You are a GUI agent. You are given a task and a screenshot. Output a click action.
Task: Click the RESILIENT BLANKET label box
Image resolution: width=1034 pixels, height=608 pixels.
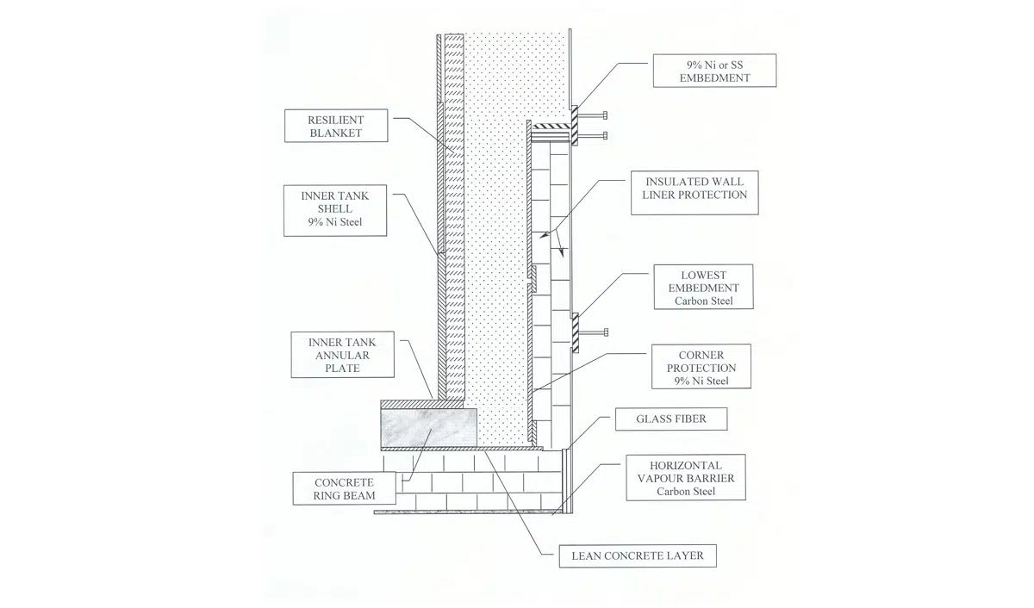(x=336, y=126)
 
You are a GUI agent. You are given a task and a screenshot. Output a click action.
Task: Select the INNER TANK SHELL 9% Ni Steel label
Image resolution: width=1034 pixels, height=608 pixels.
(x=335, y=211)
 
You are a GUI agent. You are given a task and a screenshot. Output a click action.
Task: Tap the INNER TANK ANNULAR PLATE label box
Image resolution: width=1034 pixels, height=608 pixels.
(x=343, y=355)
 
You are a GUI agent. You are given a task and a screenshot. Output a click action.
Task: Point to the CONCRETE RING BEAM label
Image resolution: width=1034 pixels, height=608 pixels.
(x=345, y=488)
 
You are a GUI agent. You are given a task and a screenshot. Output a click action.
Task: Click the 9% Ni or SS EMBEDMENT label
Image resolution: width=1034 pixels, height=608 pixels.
(x=714, y=71)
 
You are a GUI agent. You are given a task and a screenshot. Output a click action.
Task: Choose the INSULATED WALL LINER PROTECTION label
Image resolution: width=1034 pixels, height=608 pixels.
(x=695, y=193)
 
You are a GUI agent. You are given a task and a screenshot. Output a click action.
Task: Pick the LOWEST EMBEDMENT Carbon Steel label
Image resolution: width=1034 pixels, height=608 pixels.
(x=703, y=287)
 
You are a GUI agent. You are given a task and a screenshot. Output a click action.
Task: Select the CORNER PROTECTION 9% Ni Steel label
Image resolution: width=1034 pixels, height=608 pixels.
(x=701, y=367)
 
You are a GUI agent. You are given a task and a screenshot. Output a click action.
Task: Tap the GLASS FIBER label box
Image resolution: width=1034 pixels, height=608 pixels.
(x=671, y=419)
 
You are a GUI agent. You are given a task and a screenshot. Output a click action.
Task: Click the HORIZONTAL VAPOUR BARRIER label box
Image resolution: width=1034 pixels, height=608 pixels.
(x=686, y=477)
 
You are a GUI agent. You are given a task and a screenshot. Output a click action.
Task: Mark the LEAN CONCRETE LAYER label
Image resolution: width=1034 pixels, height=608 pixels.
(x=638, y=555)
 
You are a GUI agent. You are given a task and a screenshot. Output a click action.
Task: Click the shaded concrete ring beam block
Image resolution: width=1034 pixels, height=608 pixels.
(x=429, y=428)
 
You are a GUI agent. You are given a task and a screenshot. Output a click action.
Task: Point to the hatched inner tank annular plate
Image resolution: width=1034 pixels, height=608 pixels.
(x=422, y=405)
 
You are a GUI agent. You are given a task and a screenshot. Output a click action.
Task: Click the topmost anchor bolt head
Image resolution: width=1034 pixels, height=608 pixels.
(x=605, y=115)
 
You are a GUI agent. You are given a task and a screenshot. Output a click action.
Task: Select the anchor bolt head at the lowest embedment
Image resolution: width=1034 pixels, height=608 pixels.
(x=606, y=332)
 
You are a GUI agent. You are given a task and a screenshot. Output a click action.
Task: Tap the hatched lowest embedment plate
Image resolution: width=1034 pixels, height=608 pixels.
(x=576, y=332)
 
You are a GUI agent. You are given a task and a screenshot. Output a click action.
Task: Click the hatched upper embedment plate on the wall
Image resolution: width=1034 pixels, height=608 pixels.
(x=575, y=126)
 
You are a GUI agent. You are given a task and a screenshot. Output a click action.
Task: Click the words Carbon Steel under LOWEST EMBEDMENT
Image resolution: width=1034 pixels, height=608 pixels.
(x=703, y=301)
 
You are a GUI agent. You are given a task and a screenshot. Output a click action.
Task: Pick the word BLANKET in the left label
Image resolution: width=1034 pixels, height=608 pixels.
(x=336, y=133)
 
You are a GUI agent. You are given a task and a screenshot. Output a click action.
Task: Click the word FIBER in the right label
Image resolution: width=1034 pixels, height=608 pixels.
(x=690, y=419)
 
